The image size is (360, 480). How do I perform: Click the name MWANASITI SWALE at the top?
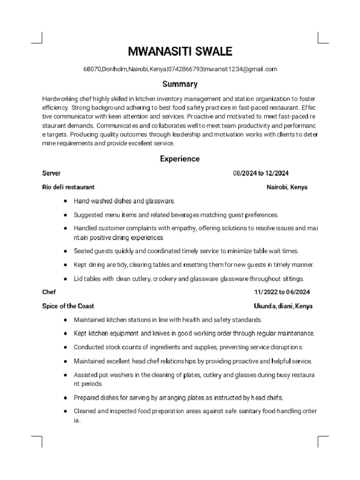click(180, 51)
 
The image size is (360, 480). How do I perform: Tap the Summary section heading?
click(180, 84)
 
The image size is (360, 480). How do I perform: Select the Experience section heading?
click(180, 159)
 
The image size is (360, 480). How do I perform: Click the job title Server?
click(51, 173)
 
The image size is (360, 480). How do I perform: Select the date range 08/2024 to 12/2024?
click(264, 173)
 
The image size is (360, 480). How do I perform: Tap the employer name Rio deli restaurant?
click(68, 187)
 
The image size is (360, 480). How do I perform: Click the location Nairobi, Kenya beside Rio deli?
click(287, 187)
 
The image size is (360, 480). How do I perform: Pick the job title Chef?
click(49, 292)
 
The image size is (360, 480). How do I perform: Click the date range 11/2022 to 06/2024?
click(282, 292)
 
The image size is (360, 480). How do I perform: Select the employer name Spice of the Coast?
click(68, 306)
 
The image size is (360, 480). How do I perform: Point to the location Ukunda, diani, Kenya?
click(283, 306)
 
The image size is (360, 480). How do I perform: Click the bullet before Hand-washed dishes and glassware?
click(64, 201)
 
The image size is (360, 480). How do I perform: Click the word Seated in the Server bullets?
click(83, 251)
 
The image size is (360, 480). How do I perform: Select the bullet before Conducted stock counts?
click(64, 347)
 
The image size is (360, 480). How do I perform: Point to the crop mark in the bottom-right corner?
click(323, 441)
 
